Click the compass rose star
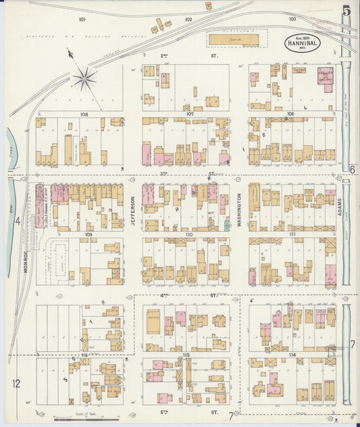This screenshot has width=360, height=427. (x=84, y=78)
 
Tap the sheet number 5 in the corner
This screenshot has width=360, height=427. (x=346, y=11)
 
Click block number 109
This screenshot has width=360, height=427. (x=88, y=234)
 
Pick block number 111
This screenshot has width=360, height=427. (x=292, y=234)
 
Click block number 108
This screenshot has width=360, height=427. (x=84, y=114)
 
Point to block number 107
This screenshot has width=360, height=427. (x=190, y=114)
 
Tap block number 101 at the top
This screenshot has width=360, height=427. (x=82, y=20)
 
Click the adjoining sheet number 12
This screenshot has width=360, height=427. (x=16, y=384)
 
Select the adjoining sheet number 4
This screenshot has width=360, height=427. (x=18, y=220)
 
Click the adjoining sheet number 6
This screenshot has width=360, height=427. (x=353, y=169)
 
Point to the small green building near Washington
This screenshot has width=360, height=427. (x=227, y=225)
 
